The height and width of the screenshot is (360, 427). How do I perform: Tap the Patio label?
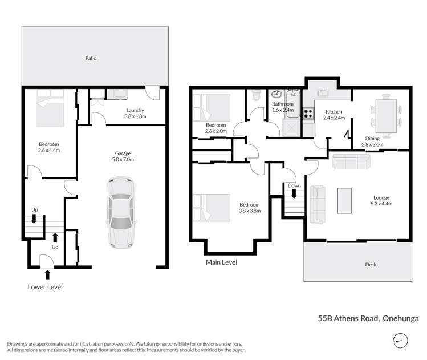90,58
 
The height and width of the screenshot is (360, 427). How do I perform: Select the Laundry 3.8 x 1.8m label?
135,113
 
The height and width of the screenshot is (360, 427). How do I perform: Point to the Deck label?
371,264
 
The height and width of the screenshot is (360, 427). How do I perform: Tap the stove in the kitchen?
307,113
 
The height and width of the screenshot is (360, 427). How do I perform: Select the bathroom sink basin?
278,95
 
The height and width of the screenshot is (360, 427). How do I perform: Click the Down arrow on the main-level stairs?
294,194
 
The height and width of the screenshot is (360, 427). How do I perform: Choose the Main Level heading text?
221,262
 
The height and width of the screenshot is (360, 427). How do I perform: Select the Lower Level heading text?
45,287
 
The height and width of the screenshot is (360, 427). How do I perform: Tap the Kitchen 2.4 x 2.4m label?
333,115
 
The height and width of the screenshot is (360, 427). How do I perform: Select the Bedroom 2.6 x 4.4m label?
48,148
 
